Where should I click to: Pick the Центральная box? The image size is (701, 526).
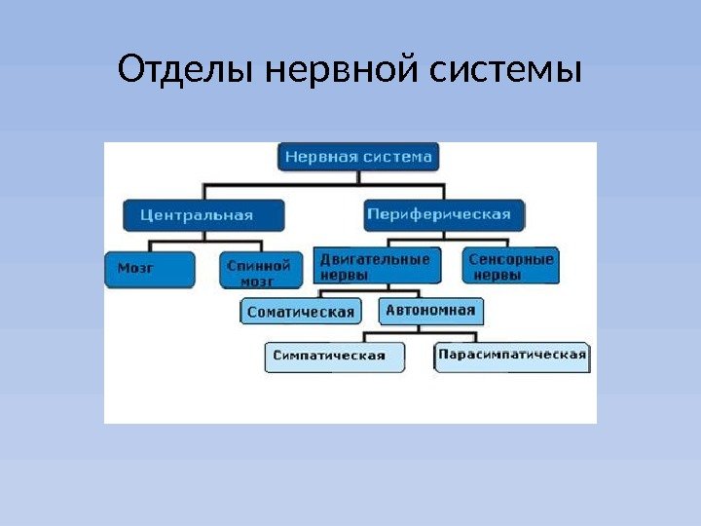click(x=204, y=215)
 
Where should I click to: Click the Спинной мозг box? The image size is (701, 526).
click(x=256, y=270)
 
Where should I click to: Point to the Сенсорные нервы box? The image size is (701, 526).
click(x=510, y=266)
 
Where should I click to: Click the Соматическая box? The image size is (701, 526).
click(x=300, y=312)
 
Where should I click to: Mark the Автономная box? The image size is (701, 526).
click(x=429, y=311)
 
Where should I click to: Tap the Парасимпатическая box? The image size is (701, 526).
click(x=511, y=356)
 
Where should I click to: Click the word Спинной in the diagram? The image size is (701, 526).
click(x=258, y=263)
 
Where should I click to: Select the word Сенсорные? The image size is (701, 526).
click(x=511, y=260)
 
